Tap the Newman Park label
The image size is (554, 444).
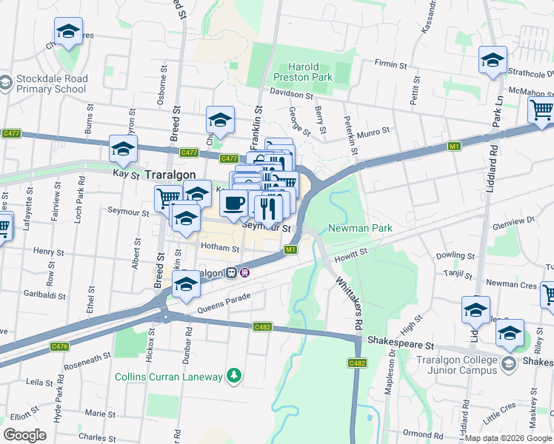(x=360, y=229)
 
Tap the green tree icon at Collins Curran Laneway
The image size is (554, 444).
(x=234, y=377)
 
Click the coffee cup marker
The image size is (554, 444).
(x=234, y=203)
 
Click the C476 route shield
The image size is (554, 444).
(x=60, y=346)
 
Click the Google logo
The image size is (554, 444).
(x=25, y=435)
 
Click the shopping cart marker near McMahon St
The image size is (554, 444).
(x=541, y=111)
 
